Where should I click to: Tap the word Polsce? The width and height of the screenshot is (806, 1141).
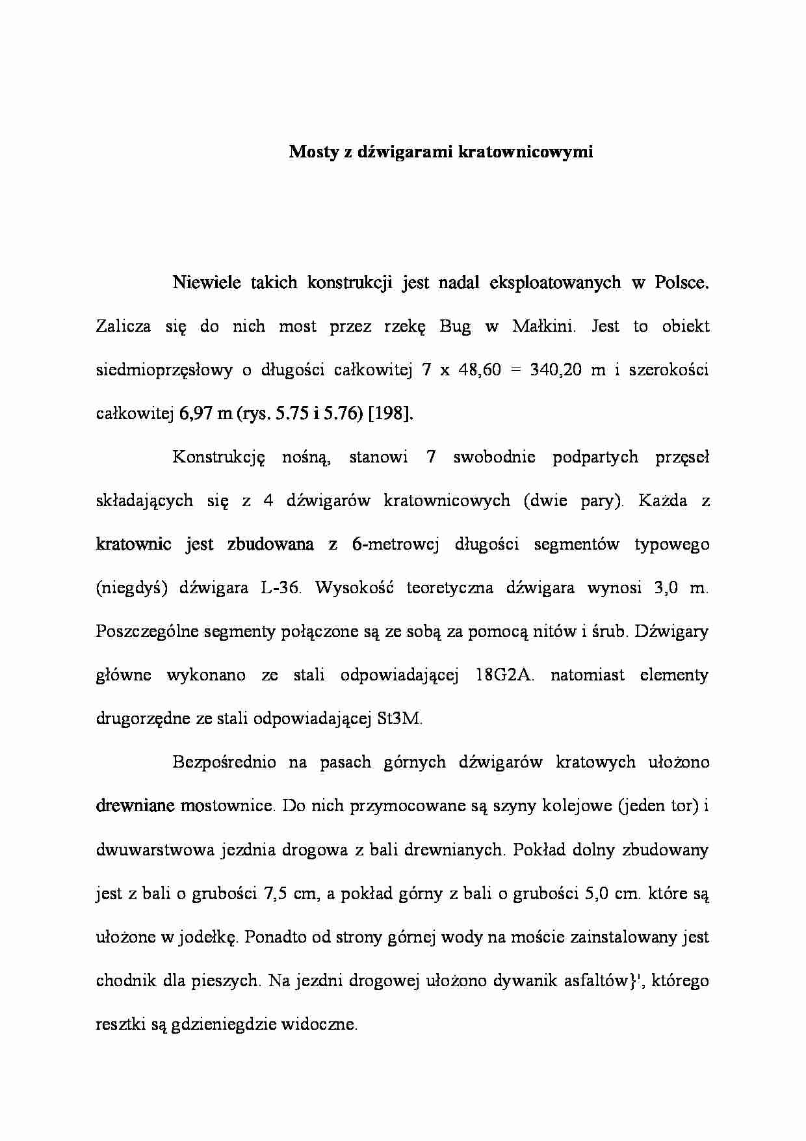682,283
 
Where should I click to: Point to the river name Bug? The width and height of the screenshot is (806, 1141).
455,327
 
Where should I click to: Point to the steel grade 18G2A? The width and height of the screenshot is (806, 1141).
504,675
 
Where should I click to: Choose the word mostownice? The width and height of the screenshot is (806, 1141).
228,806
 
